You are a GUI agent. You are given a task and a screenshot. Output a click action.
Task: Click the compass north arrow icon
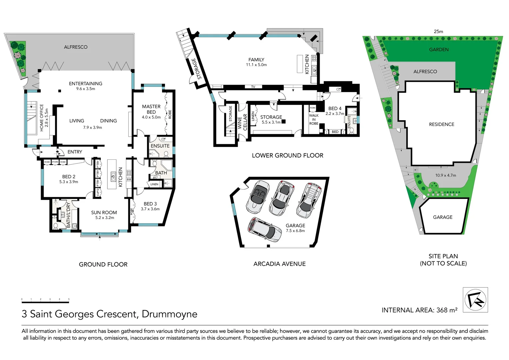click(475, 299)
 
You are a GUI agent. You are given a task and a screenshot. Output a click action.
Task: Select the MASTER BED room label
click(151, 109)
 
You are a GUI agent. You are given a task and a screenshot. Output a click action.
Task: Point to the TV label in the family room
click(253, 87)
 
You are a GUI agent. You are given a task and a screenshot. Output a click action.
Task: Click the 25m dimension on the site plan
click(438, 32)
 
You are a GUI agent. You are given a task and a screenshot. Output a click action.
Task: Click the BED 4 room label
click(335, 108)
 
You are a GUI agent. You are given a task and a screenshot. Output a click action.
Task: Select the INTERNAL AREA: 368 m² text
click(419, 310)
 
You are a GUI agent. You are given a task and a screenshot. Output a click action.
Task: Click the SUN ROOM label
click(104, 212)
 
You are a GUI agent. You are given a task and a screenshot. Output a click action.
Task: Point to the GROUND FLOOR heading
click(103, 264)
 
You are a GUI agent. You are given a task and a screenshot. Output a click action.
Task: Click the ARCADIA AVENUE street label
click(279, 264)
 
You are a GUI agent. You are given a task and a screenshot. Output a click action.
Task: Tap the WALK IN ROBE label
click(314, 119)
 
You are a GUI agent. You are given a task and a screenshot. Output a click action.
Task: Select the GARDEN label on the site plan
click(439, 50)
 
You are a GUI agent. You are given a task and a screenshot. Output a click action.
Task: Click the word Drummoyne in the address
click(169, 314)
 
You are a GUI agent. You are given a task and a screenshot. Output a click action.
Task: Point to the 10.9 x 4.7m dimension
click(445, 175)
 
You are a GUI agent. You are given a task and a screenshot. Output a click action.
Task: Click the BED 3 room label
click(150, 204)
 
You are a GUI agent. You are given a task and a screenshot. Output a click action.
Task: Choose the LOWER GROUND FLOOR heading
click(287, 155)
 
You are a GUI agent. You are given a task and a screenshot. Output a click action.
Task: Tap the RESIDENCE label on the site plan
click(441, 124)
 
